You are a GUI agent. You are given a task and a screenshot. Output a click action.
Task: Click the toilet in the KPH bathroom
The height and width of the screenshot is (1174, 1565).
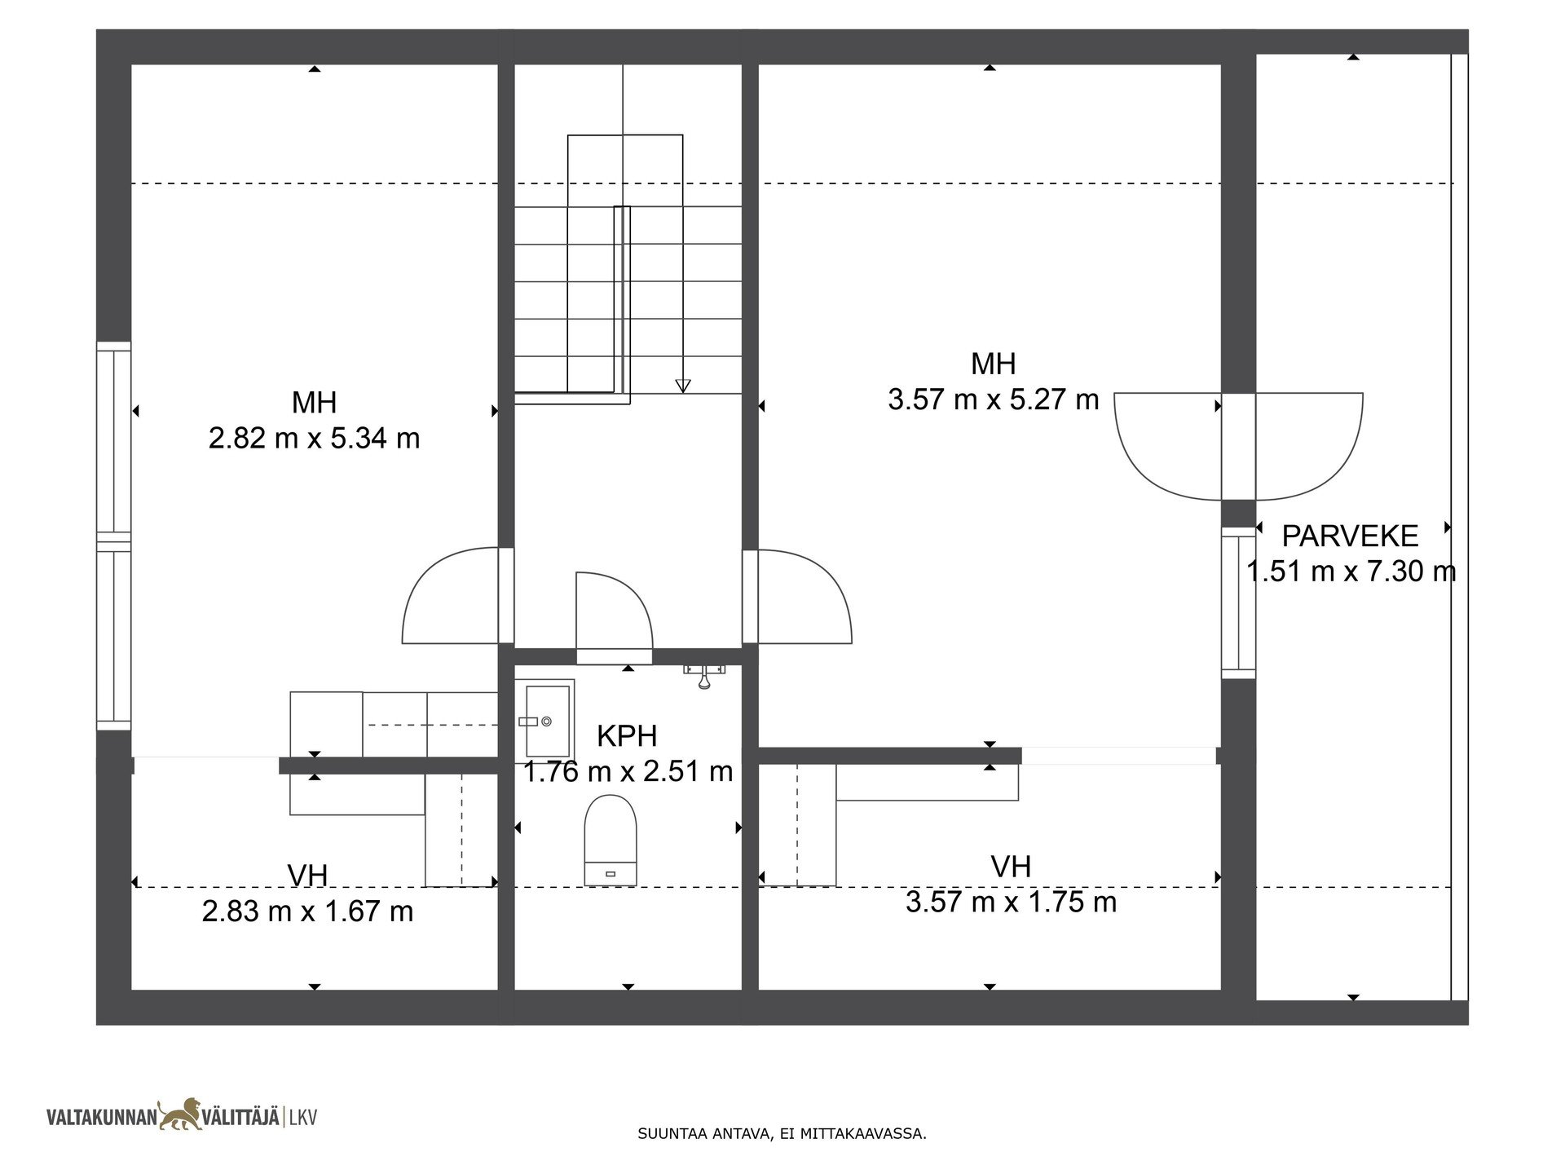pyautogui.click(x=611, y=840)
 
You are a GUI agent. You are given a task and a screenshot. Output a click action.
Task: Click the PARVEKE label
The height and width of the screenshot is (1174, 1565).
pyautogui.click(x=1351, y=536)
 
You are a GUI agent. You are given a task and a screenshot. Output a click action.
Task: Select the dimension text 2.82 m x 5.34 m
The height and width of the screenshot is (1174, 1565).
pyautogui.click(x=314, y=439)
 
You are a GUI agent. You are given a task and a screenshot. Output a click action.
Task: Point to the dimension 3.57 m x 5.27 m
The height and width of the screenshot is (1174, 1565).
pyautogui.click(x=994, y=399)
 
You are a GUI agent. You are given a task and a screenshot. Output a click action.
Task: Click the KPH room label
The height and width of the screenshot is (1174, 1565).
pyautogui.click(x=627, y=736)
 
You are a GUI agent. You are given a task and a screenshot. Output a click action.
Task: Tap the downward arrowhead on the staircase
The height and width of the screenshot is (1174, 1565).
pyautogui.click(x=683, y=386)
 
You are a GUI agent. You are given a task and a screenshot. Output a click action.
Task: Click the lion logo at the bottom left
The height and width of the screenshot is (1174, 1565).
pyautogui.click(x=183, y=1114)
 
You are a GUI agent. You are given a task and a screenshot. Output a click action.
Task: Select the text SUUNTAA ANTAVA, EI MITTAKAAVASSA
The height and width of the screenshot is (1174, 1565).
pyautogui.click(x=782, y=1133)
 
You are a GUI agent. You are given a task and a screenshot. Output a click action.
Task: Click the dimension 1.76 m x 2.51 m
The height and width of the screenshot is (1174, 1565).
pyautogui.click(x=628, y=771)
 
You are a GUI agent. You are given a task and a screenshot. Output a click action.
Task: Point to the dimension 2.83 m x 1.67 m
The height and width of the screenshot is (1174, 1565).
pyautogui.click(x=307, y=911)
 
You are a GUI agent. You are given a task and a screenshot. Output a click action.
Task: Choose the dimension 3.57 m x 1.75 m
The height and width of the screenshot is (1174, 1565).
pyautogui.click(x=1011, y=903)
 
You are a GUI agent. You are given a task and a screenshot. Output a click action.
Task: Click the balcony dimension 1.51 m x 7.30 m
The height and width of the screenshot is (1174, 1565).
pyautogui.click(x=1351, y=572)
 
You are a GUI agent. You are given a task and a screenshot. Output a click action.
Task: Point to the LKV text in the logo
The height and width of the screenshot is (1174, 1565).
pyautogui.click(x=302, y=1117)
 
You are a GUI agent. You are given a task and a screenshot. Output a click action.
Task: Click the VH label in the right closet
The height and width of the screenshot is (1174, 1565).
pyautogui.click(x=1011, y=867)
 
